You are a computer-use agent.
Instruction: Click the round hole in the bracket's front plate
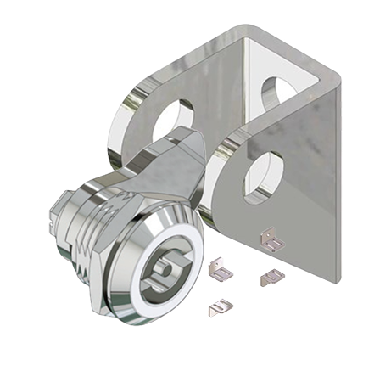click(x=260, y=175)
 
